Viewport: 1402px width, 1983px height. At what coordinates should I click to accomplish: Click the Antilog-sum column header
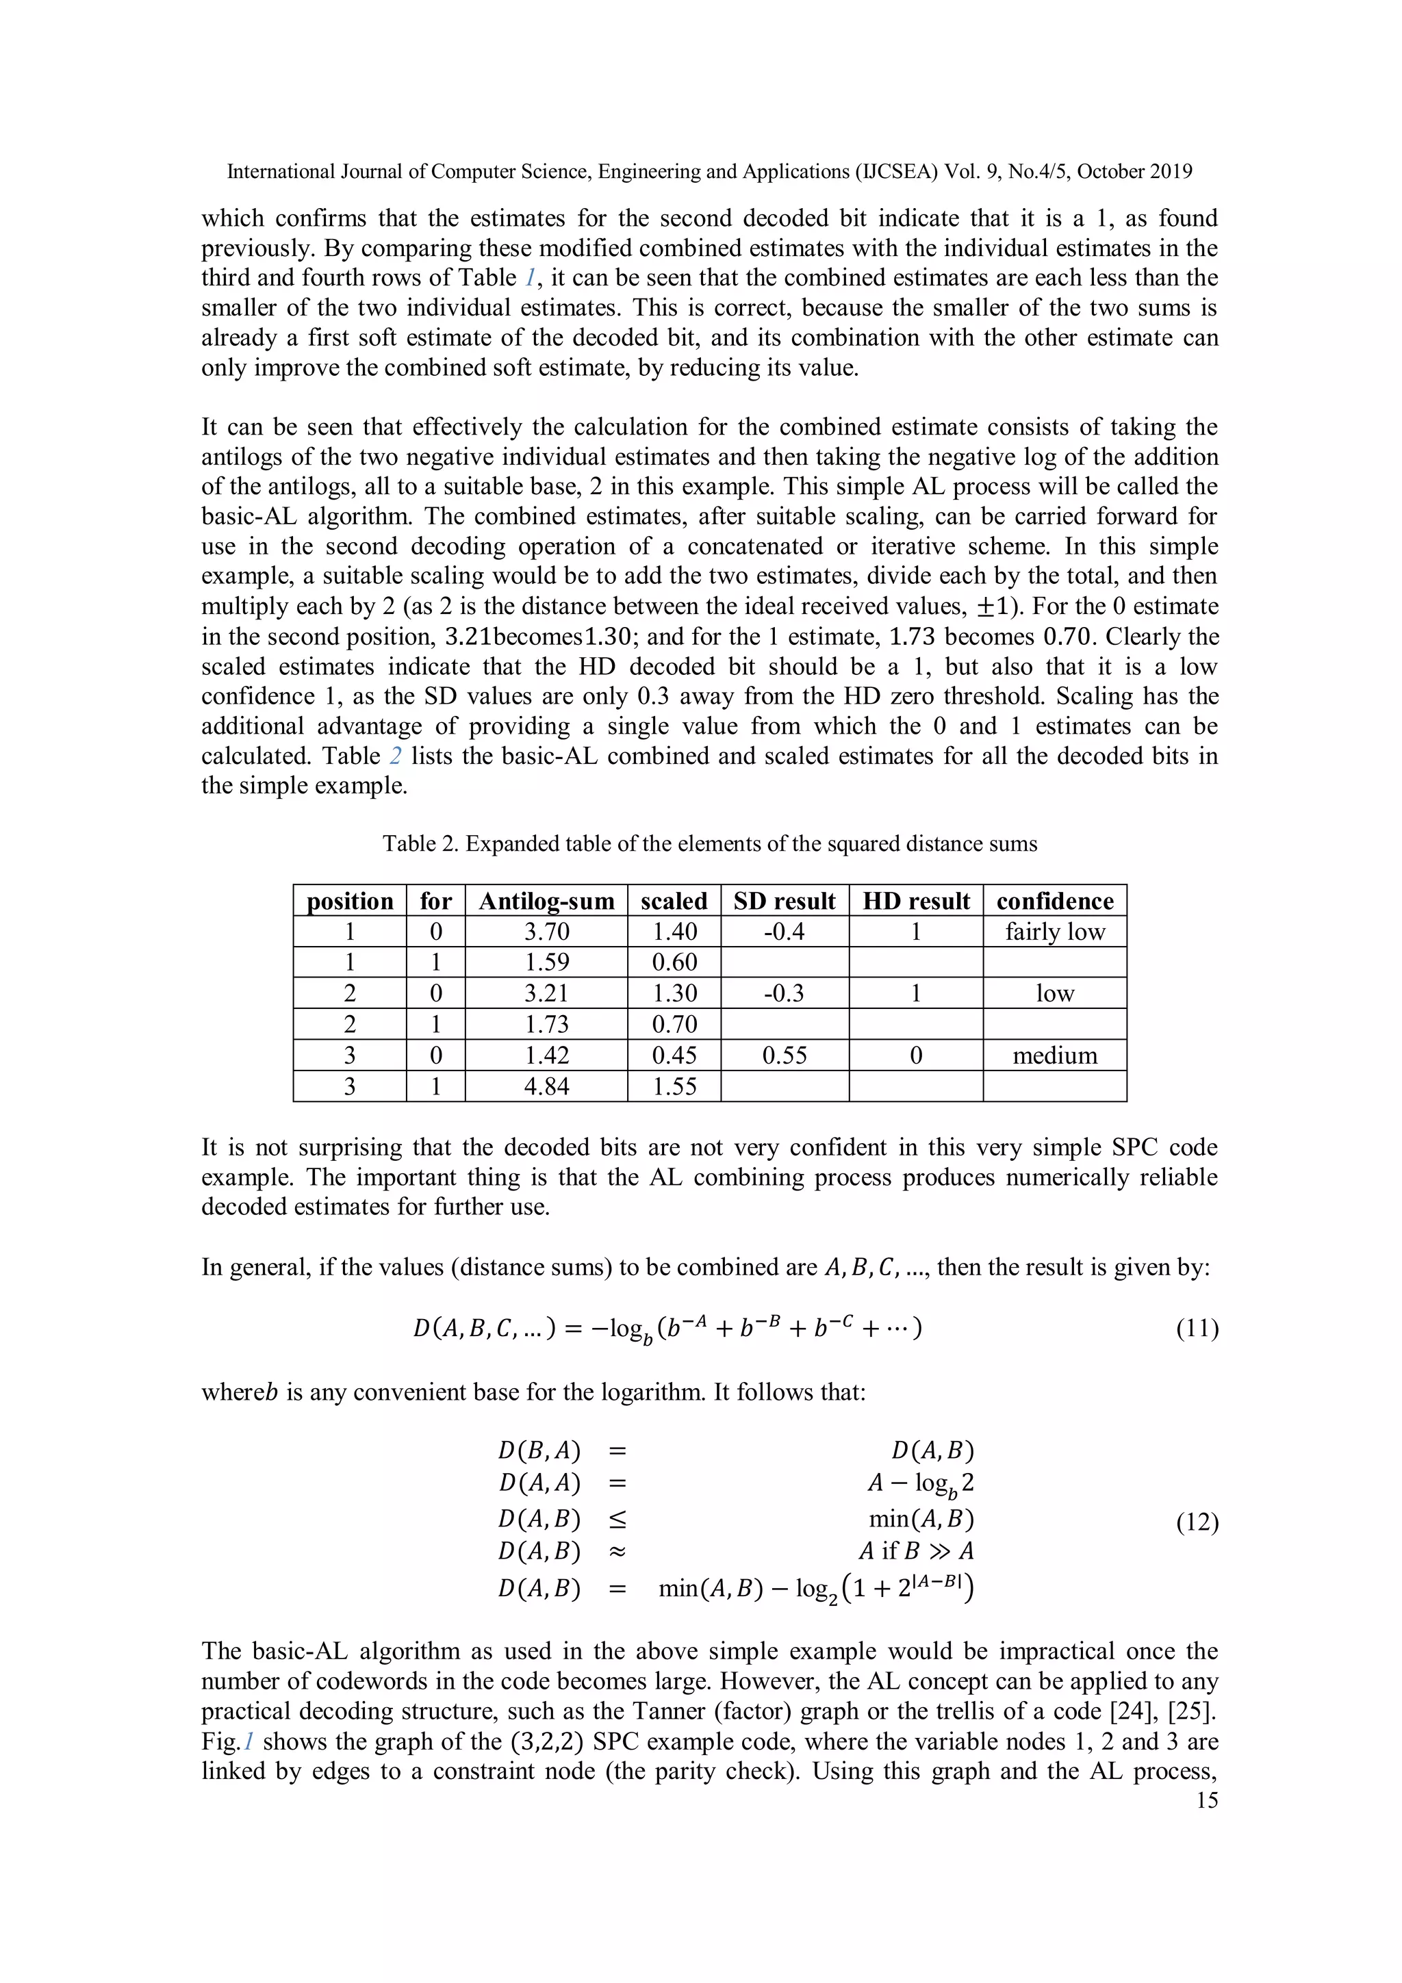pyautogui.click(x=546, y=901)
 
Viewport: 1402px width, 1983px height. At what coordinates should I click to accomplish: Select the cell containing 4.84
pyautogui.click(x=546, y=1086)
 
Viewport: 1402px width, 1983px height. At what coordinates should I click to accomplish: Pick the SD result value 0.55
pyautogui.click(x=785, y=1056)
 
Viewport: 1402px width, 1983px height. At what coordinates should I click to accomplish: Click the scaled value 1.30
pyautogui.click(x=674, y=993)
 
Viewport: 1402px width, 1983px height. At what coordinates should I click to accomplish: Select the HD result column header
pyautogui.click(x=916, y=901)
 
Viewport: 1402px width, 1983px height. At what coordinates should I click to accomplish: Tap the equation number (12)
pyautogui.click(x=1197, y=1522)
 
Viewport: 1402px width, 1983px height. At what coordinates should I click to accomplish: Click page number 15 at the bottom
pyautogui.click(x=1207, y=1800)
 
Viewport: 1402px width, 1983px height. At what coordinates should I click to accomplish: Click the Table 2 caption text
pyautogui.click(x=709, y=844)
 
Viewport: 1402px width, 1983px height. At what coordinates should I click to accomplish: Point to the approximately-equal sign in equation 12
pyautogui.click(x=617, y=1552)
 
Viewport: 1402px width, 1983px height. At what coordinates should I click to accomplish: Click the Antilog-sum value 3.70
pyautogui.click(x=546, y=932)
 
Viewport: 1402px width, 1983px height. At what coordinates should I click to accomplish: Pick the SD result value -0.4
pyautogui.click(x=785, y=932)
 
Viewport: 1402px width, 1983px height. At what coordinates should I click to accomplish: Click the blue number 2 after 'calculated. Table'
pyautogui.click(x=396, y=756)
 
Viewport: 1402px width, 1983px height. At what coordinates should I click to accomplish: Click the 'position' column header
pyautogui.click(x=350, y=901)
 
